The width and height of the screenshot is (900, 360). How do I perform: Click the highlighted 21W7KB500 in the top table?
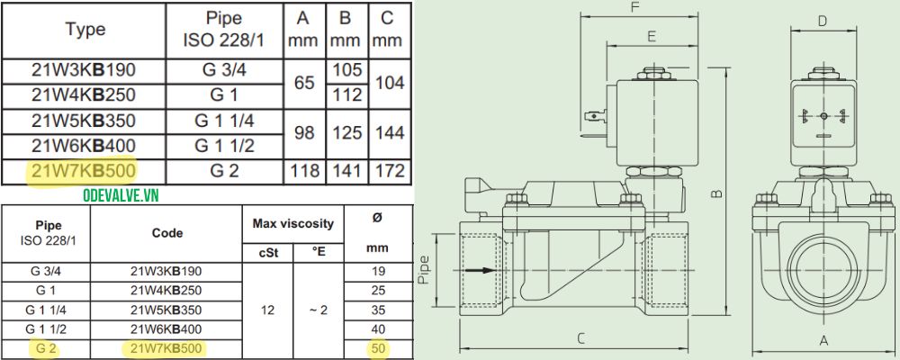click(x=85, y=170)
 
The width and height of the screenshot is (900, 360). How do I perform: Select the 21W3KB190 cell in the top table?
click(x=85, y=70)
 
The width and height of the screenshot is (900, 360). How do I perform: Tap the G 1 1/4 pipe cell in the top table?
click(x=225, y=121)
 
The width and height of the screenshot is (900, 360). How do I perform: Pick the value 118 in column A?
click(x=305, y=170)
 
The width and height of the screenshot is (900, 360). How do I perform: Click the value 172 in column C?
click(x=387, y=170)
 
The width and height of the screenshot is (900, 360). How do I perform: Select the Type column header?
click(x=85, y=29)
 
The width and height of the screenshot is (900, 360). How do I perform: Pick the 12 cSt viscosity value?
click(x=267, y=309)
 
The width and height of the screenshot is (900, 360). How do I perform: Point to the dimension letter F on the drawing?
click(x=634, y=8)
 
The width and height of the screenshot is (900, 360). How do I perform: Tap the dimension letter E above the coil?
click(x=651, y=36)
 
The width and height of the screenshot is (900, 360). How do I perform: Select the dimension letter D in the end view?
click(x=822, y=21)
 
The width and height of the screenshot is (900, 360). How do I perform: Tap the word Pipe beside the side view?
click(x=426, y=269)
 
